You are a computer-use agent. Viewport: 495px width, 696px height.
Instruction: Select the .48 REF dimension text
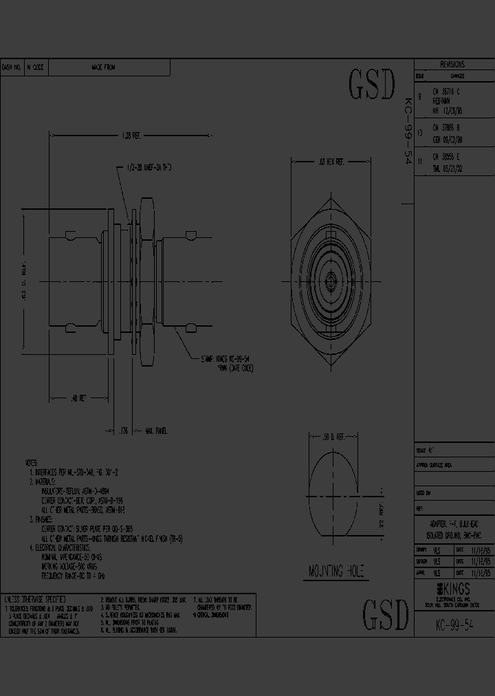(x=79, y=398)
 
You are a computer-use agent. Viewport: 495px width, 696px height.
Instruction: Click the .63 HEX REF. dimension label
(x=331, y=162)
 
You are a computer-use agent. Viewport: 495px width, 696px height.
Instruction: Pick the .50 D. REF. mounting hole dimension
(x=336, y=436)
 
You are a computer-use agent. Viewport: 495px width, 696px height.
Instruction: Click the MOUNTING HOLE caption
(x=335, y=572)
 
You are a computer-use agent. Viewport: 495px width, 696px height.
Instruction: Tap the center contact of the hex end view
(x=331, y=280)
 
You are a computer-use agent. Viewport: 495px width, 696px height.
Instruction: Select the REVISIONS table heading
(x=452, y=64)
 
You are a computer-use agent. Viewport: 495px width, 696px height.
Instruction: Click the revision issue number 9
(x=419, y=96)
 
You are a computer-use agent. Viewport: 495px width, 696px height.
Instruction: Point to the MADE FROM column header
(x=103, y=67)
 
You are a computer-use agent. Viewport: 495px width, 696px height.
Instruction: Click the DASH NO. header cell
(x=12, y=67)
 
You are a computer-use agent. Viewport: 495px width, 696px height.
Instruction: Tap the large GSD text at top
(x=372, y=85)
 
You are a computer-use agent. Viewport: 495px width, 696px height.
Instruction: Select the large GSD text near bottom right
(x=385, y=615)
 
